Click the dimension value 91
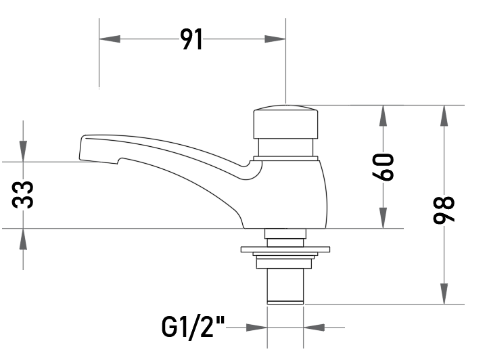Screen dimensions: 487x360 coord(191,39)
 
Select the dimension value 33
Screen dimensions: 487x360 coord(22,195)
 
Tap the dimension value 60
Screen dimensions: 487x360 coord(383,167)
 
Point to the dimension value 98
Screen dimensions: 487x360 coord(444,209)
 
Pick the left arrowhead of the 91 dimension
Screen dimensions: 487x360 coord(110,39)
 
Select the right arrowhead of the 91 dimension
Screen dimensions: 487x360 coord(275,39)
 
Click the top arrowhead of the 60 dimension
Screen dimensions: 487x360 coord(383,116)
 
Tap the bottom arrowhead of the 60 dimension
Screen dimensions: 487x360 coord(383,218)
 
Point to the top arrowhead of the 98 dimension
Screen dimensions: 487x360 coord(444,116)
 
